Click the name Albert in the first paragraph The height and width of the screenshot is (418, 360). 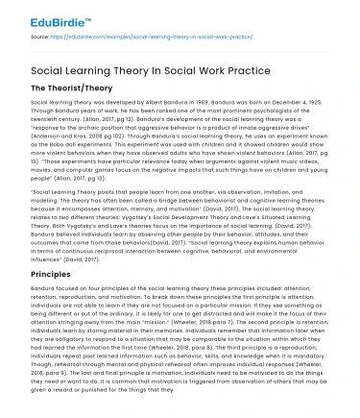136,101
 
